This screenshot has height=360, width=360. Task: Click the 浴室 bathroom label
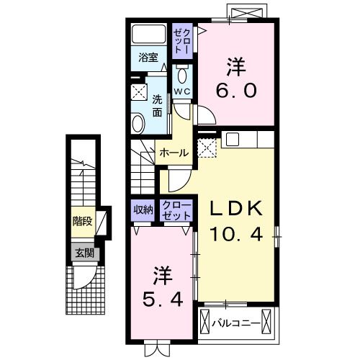click(x=149, y=58)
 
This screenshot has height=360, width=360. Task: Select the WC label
click(x=182, y=92)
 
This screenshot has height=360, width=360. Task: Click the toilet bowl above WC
click(x=182, y=75)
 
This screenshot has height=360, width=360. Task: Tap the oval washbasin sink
click(x=138, y=122)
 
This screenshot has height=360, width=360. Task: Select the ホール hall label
click(x=174, y=153)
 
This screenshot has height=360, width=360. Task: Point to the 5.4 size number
click(x=162, y=297)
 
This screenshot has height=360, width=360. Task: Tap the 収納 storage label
click(x=143, y=210)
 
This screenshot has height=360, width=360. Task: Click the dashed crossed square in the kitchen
click(x=208, y=147)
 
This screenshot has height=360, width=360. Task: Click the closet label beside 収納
click(x=177, y=210)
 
